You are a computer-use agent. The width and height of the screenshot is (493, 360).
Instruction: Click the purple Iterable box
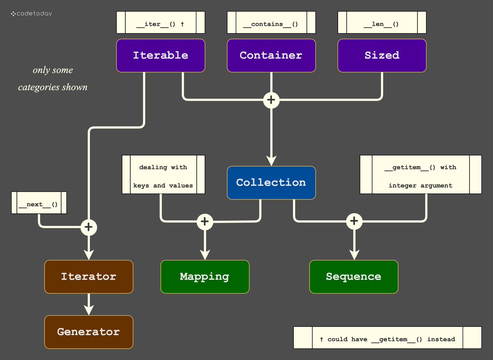click(x=160, y=55)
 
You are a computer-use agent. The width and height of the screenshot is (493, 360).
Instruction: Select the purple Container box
click(x=271, y=55)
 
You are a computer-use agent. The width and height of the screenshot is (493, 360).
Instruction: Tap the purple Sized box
click(x=382, y=55)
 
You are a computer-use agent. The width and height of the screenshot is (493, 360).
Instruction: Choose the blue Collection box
click(x=271, y=183)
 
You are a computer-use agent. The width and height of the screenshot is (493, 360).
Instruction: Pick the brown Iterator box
click(x=89, y=277)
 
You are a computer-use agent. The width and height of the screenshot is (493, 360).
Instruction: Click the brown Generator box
click(x=89, y=332)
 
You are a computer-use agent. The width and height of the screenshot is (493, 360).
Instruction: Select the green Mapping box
click(x=205, y=277)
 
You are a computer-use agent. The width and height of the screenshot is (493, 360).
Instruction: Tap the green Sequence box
click(x=353, y=277)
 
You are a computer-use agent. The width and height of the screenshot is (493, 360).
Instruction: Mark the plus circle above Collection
click(x=271, y=100)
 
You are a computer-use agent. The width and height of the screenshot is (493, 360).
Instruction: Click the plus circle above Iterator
click(x=89, y=227)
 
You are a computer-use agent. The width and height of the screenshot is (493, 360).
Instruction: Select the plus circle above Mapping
click(x=205, y=222)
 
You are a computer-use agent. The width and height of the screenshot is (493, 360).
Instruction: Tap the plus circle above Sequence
click(x=354, y=221)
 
